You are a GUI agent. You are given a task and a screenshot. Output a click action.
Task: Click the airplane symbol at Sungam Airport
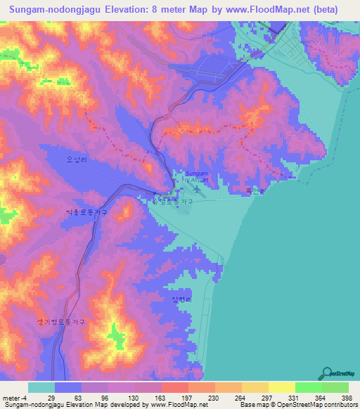[x=197, y=186]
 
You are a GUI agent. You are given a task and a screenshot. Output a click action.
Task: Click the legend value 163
[x=160, y=398]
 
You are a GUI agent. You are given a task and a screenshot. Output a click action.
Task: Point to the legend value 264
[x=239, y=398]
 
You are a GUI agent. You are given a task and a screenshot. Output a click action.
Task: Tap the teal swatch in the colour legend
[x=41, y=388]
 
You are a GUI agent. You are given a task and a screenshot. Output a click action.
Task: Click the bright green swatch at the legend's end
[x=335, y=388]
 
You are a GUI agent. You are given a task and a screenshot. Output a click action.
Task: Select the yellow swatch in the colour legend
[x=281, y=388]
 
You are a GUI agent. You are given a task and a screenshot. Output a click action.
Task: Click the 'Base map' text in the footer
[x=254, y=405]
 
